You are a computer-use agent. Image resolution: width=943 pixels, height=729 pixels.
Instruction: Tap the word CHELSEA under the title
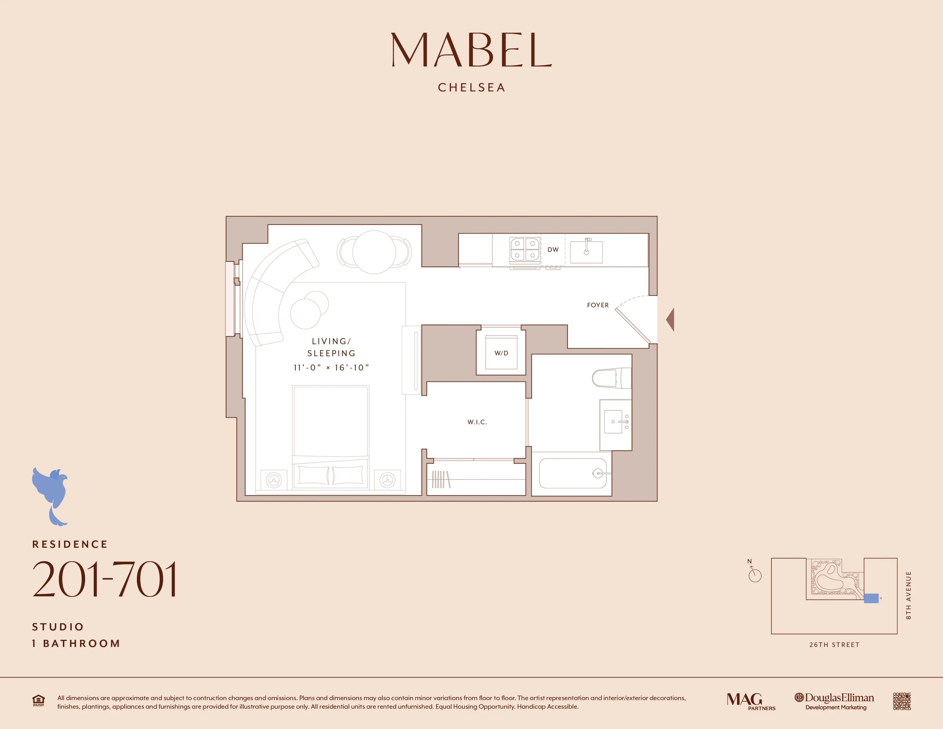pos(471,88)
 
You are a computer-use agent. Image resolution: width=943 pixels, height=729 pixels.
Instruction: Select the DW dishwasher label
pos(553,250)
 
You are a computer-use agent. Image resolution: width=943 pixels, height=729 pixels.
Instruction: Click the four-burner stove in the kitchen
pos(525,249)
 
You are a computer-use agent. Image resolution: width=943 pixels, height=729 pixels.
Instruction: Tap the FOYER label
pos(598,305)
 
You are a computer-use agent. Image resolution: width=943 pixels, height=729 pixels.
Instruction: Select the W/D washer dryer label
pos(501,353)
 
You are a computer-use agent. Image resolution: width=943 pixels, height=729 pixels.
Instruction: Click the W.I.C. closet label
pos(477,422)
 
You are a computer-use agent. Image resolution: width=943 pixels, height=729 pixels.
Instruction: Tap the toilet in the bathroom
pos(611,378)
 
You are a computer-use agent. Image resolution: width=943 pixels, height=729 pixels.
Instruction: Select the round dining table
pos(374,252)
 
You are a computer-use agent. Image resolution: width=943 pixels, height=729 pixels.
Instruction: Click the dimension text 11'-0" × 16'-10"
pos(331,368)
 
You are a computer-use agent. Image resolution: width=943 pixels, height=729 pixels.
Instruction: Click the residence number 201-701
pos(105,579)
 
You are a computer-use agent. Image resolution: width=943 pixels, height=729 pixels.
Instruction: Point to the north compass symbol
pos(754,573)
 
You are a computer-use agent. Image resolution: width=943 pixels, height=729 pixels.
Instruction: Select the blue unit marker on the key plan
pos(871,598)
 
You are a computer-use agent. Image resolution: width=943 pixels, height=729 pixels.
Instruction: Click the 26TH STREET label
pos(834,645)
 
